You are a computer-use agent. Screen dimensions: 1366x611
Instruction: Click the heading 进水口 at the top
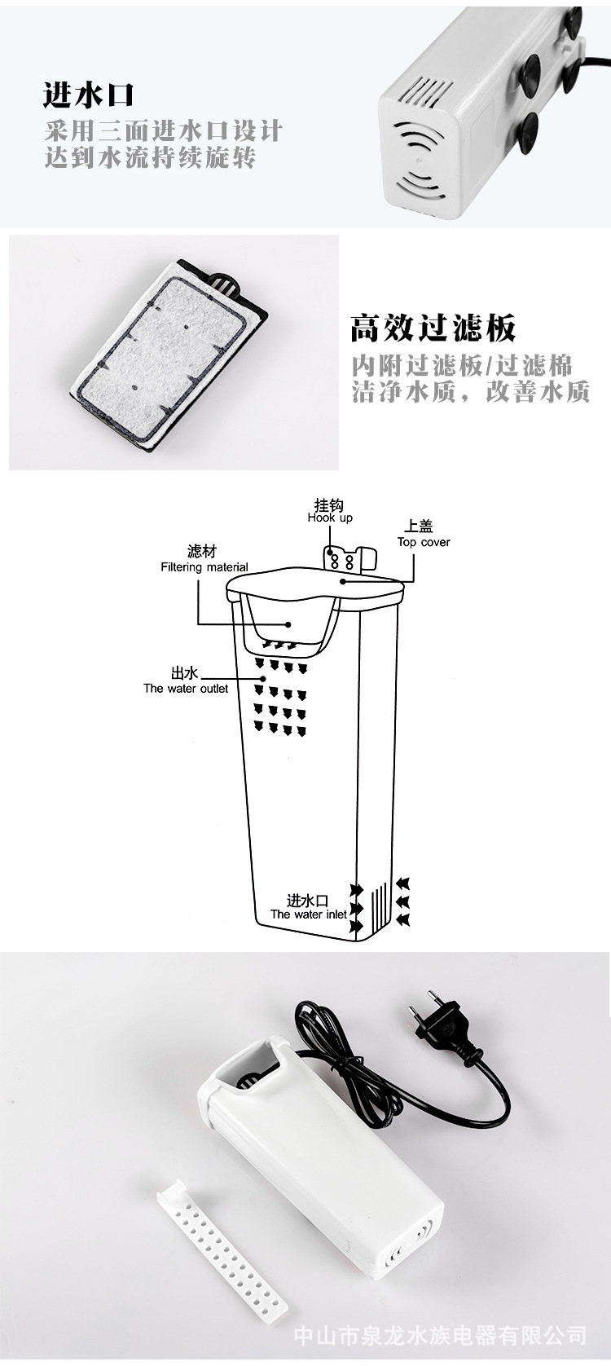tap(88, 95)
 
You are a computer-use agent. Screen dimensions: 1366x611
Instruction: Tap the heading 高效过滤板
tap(433, 328)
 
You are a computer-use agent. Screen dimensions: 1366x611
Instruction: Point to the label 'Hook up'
tap(330, 518)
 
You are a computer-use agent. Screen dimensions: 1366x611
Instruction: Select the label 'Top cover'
tap(424, 542)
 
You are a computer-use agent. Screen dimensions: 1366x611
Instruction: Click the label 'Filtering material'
tap(204, 567)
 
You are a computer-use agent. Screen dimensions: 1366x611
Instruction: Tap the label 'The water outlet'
tap(186, 689)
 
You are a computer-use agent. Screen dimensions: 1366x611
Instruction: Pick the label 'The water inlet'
tap(308, 914)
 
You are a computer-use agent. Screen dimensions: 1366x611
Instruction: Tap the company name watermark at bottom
tap(439, 1335)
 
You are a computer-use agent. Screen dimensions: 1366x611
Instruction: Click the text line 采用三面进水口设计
tap(163, 130)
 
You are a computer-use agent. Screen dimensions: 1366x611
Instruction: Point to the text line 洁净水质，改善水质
tap(470, 392)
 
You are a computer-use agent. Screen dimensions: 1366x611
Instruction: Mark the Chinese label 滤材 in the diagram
tap(202, 552)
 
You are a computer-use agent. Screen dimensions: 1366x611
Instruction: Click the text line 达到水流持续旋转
tap(150, 156)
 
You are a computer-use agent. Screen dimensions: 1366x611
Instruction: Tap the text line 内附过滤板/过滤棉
tap(462, 364)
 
